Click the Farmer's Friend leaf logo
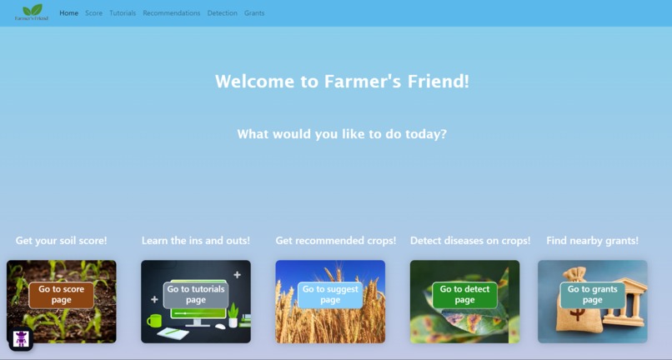(x=32, y=12)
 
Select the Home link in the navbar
(x=68, y=13)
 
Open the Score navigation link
(x=93, y=13)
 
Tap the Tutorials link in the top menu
(x=123, y=13)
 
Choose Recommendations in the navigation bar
(x=171, y=13)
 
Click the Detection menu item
(x=222, y=13)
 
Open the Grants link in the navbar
(x=254, y=13)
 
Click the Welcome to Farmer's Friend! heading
(x=342, y=82)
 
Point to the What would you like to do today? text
(x=342, y=134)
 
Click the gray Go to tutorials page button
(x=196, y=295)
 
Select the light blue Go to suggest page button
(x=330, y=295)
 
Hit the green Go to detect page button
(x=464, y=295)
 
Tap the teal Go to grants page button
(x=592, y=295)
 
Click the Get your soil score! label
(x=61, y=241)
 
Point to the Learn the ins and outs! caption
(x=196, y=241)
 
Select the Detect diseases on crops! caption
(x=470, y=241)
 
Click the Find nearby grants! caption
(x=592, y=241)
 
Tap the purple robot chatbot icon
(x=22, y=338)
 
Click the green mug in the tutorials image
(x=154, y=321)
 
